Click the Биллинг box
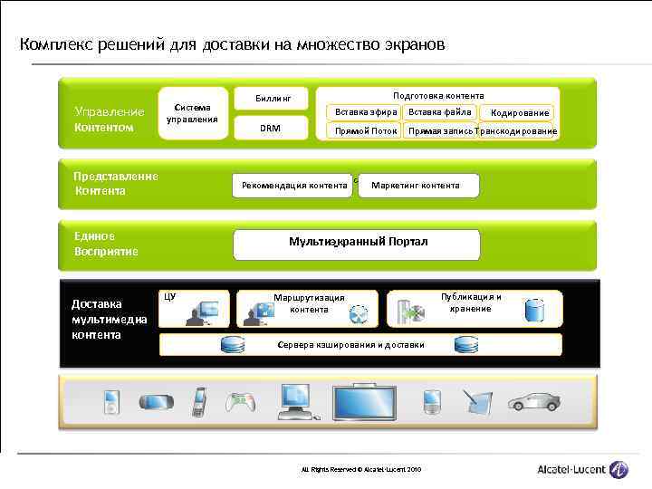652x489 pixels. coord(271,96)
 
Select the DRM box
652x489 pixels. coord(271,128)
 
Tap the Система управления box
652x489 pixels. coord(192,113)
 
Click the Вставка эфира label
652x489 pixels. coord(365,112)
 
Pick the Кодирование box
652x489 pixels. coord(519,113)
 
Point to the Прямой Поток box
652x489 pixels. coord(365,130)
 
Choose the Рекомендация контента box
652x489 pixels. coord(292,186)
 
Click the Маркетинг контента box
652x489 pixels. coord(419,186)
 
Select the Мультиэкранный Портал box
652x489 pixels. coord(357,243)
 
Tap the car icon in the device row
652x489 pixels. coord(533,402)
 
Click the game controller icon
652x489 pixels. coord(239,402)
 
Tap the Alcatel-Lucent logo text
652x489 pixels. coord(571,469)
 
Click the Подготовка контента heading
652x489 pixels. coord(438,95)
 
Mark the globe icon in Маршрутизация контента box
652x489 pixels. coord(360,313)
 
